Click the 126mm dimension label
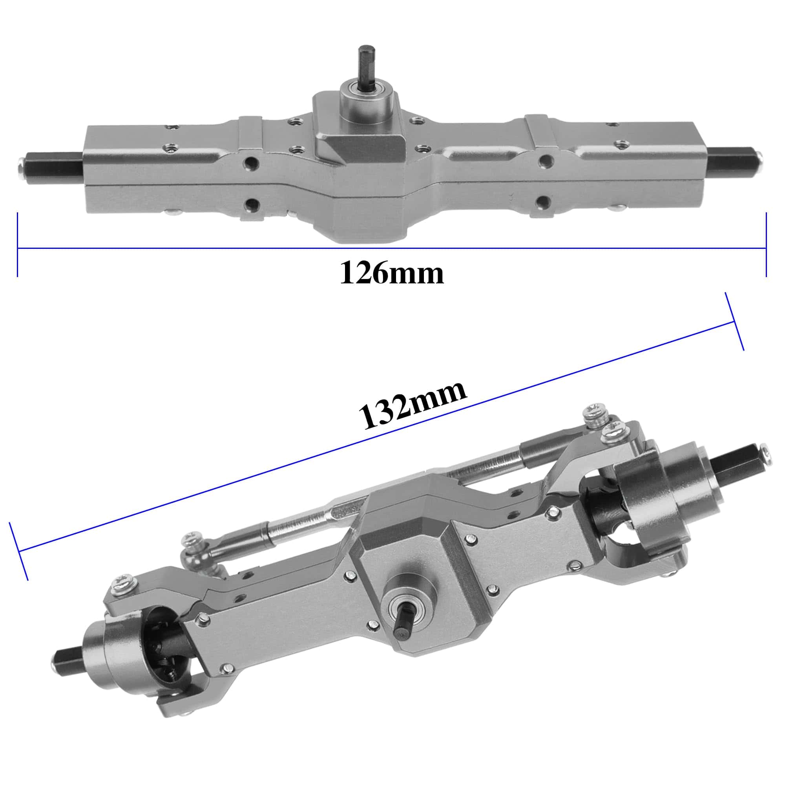(392, 273)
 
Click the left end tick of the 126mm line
(18, 244)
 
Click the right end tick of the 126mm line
(766, 244)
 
